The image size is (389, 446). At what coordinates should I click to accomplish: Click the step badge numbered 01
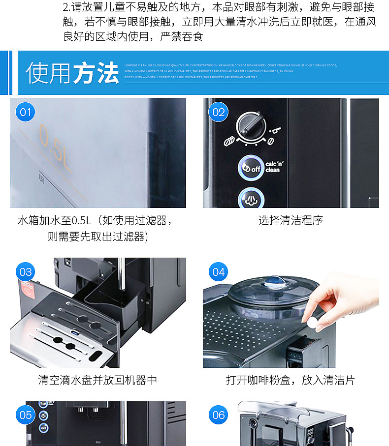point(25,113)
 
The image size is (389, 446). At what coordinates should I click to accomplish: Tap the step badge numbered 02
point(218,113)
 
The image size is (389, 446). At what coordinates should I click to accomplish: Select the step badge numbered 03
point(25,272)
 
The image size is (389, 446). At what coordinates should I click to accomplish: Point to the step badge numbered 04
point(218,272)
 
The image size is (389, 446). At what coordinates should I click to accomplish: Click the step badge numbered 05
point(25,415)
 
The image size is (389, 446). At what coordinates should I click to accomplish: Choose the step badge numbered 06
point(218,415)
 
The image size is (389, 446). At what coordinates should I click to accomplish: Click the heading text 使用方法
point(72,73)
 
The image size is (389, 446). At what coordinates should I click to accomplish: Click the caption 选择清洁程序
point(291,220)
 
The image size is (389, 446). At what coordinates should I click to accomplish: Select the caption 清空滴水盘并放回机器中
point(97,380)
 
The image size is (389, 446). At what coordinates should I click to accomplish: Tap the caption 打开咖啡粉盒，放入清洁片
point(291,380)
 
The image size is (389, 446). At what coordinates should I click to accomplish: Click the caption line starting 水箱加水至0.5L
point(96,220)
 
